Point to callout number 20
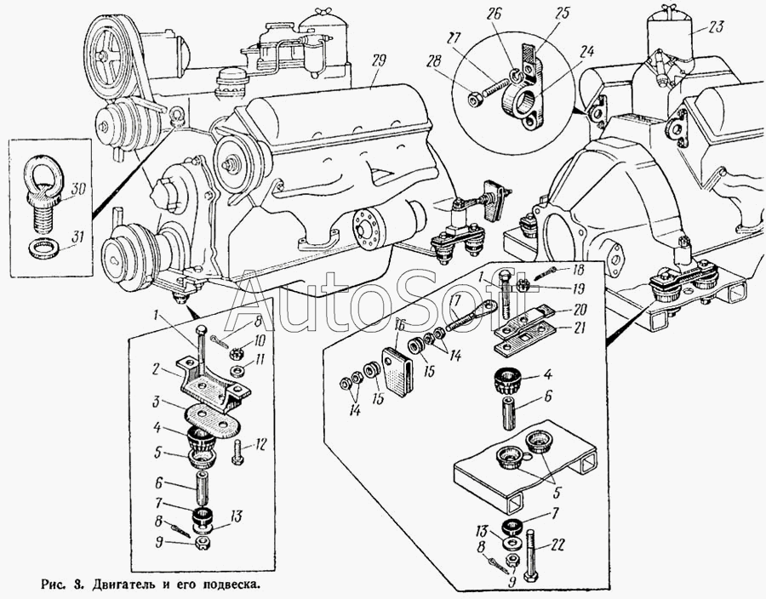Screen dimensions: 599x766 [580, 309]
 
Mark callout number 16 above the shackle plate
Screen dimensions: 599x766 [400, 325]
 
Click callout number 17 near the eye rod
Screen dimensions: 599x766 [454, 300]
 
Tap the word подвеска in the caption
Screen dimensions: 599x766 [224, 585]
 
